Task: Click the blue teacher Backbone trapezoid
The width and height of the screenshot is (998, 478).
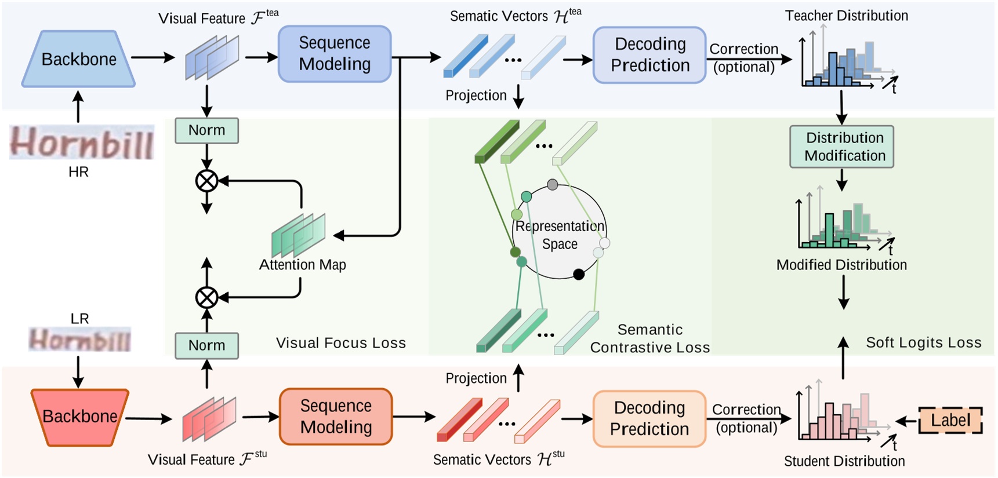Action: point(79,59)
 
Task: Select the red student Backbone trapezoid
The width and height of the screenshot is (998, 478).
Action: point(79,417)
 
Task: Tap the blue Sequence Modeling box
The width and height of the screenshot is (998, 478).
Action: point(335,54)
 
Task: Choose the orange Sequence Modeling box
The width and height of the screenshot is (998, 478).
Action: point(336,417)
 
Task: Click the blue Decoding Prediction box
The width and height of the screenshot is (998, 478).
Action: point(649,55)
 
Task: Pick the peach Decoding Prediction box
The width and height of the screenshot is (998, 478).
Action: point(649,418)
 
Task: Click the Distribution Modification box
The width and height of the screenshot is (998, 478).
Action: point(841,147)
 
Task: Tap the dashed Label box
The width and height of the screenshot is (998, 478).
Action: point(950,420)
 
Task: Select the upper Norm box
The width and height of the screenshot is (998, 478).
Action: point(207,130)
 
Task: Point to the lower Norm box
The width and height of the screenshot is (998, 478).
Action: point(207,345)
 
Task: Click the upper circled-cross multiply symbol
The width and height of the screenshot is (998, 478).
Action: point(206,181)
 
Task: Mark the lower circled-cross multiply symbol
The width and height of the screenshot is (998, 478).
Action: point(206,298)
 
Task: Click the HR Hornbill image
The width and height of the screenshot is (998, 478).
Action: point(82,143)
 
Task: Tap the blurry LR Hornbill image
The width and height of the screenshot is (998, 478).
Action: point(80,340)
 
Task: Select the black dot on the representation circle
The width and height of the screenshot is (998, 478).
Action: point(579,274)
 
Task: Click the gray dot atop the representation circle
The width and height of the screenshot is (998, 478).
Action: point(553,184)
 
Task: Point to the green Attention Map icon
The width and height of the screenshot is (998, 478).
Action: point(299,235)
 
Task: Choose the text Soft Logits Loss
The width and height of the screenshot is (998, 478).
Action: point(923,342)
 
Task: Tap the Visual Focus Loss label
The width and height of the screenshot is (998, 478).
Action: point(340,343)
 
